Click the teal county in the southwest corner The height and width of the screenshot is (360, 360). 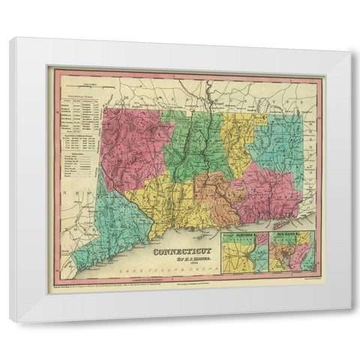112,217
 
